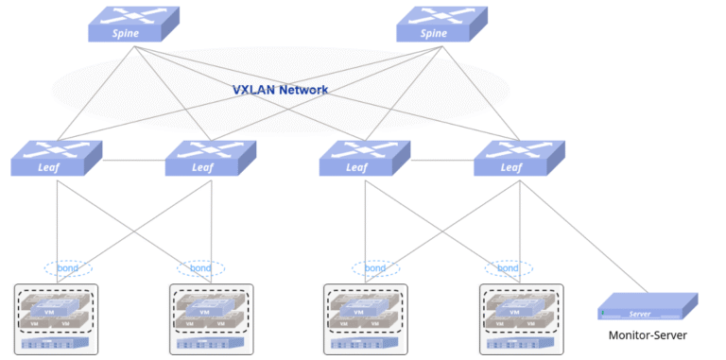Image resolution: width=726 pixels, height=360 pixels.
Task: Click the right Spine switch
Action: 441,26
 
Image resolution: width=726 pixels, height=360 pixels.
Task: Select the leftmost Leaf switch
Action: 57,158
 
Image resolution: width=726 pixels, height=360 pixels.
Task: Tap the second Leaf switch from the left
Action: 211,158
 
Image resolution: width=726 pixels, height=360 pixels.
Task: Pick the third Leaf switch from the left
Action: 365,158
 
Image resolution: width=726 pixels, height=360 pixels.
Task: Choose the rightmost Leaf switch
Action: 519,158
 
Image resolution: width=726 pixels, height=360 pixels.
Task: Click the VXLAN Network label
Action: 280,90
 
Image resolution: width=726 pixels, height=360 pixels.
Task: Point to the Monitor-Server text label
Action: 648,335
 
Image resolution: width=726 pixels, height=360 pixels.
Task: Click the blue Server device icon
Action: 648,307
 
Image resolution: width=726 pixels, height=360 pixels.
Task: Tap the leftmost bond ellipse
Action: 68,268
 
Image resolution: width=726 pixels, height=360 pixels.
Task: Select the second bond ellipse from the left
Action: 200,268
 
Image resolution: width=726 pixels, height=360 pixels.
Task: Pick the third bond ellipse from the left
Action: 376,268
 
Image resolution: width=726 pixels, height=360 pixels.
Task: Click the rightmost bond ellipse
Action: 508,268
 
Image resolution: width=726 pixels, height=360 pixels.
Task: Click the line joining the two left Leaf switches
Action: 133,159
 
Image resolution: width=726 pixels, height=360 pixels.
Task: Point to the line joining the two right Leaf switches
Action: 441,159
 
